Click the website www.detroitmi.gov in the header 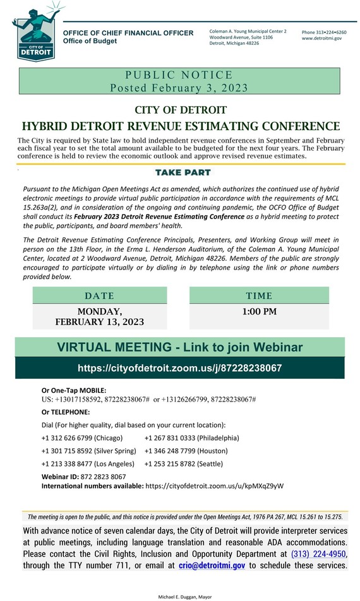click(321, 39)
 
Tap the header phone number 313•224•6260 click(323, 32)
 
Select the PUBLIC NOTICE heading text click(180, 75)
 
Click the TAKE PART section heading click(183, 172)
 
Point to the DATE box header click(99, 295)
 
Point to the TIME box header click(259, 295)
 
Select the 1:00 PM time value click(259, 311)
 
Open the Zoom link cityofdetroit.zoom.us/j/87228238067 click(180, 367)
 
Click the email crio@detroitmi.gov click(212, 566)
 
